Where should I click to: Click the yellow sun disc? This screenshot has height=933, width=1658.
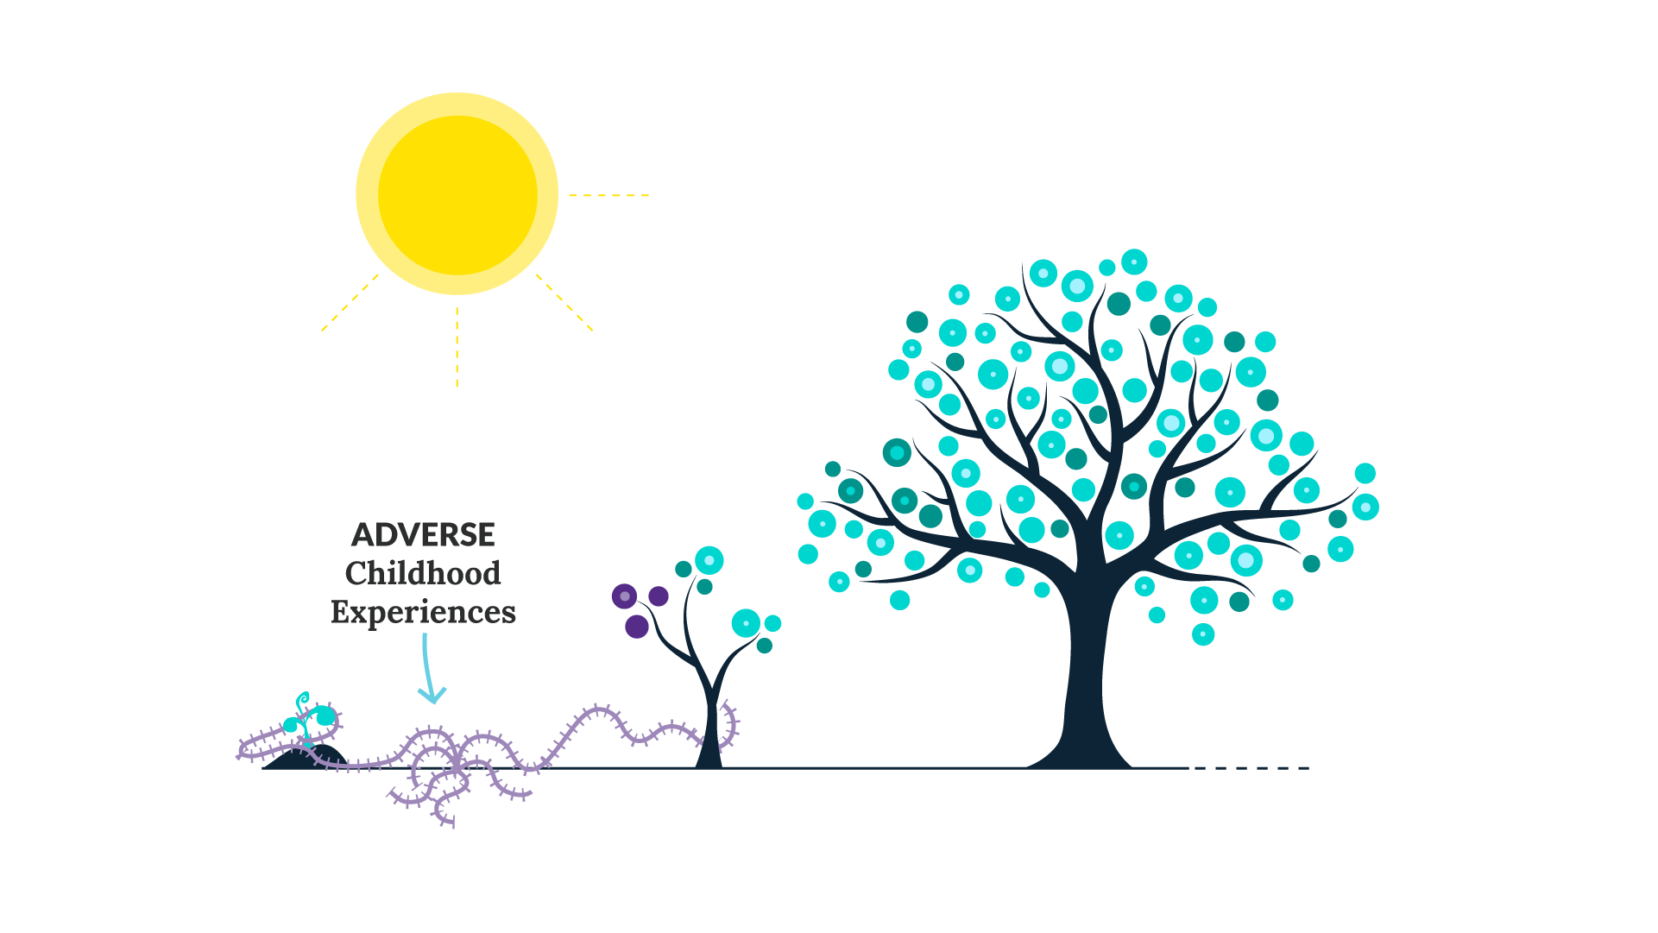(457, 194)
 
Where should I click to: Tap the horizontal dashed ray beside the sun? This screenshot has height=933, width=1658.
(608, 196)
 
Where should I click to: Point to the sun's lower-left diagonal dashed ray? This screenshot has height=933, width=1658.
(350, 302)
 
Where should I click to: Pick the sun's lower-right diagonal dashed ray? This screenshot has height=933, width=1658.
(564, 302)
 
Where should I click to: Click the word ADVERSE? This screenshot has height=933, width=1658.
(423, 535)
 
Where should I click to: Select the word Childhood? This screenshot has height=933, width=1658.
(423, 573)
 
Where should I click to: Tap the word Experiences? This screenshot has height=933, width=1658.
(423, 612)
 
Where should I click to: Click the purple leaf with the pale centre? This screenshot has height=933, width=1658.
(624, 596)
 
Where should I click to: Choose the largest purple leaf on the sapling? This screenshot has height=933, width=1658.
(637, 627)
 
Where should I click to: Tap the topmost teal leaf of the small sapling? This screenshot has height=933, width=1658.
(709, 560)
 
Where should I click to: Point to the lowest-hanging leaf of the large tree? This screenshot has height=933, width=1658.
(1203, 634)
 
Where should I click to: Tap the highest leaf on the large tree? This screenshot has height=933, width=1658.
(1134, 262)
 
